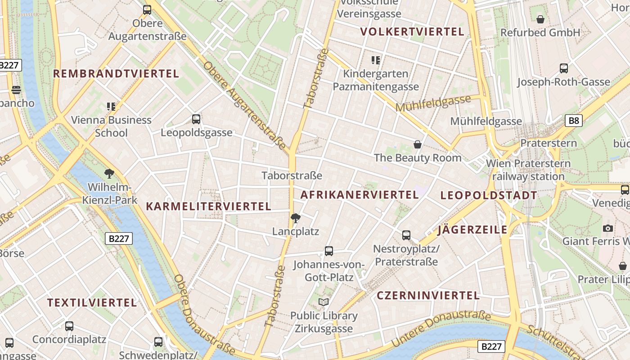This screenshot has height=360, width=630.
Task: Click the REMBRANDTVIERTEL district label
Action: coord(116,74)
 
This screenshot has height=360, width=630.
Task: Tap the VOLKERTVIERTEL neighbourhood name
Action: coord(412,32)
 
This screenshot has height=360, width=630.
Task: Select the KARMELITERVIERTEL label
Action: coord(208,207)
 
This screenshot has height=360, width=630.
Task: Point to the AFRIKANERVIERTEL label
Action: coord(360,195)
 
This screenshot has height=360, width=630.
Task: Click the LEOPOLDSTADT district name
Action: coord(489,196)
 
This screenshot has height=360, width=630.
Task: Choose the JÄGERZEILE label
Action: coord(472,230)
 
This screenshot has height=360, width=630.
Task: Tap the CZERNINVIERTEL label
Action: coord(428,296)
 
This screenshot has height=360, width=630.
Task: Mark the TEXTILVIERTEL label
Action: coord(92,303)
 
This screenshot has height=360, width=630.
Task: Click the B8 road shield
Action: coord(574,120)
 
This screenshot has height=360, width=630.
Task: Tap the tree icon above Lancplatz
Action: coord(296,219)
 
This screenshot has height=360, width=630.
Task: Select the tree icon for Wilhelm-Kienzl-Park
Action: coord(109,174)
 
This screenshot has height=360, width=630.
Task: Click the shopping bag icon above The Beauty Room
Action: coord(418,144)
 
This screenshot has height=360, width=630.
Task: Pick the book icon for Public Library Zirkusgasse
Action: coord(324,302)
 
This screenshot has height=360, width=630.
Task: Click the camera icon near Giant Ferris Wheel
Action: coord(608,228)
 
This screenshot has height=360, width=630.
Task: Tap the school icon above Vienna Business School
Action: coord(111,107)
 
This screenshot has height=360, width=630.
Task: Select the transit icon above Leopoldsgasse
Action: coord(196,119)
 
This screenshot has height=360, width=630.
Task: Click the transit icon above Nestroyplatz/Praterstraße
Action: coord(406,235)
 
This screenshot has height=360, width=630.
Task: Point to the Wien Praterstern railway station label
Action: coord(528,170)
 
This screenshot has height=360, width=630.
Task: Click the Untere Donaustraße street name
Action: coord(441,328)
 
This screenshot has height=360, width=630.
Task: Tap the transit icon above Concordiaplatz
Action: coord(69,326)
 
